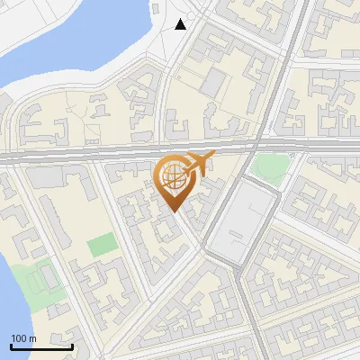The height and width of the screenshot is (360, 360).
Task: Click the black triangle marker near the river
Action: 181,24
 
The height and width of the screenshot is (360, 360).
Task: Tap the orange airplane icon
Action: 199,165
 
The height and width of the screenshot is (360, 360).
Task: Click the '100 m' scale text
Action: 23,337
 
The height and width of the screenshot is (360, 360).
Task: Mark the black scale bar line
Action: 41,346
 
